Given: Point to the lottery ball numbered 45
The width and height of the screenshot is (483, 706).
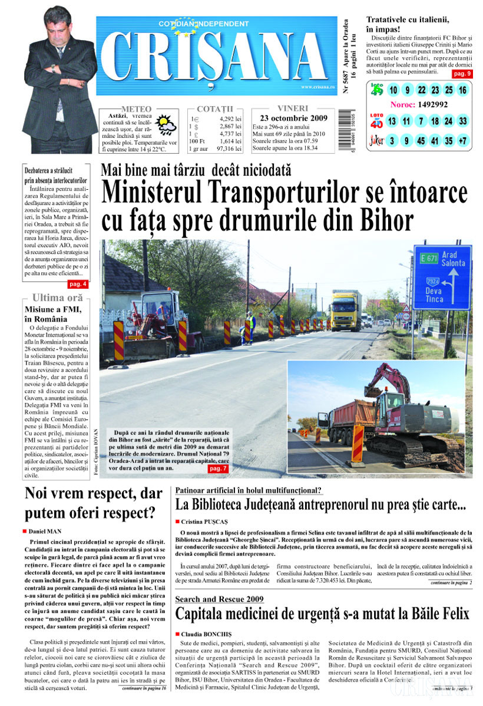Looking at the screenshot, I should coord(421,141).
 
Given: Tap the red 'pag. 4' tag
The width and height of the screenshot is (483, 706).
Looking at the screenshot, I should coord(78,284).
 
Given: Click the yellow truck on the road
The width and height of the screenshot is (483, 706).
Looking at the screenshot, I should coord(345,311).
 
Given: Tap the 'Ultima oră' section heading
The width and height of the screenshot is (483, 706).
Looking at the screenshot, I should coord(57,297).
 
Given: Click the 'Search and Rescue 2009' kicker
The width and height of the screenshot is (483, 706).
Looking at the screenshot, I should coord(220,599).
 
